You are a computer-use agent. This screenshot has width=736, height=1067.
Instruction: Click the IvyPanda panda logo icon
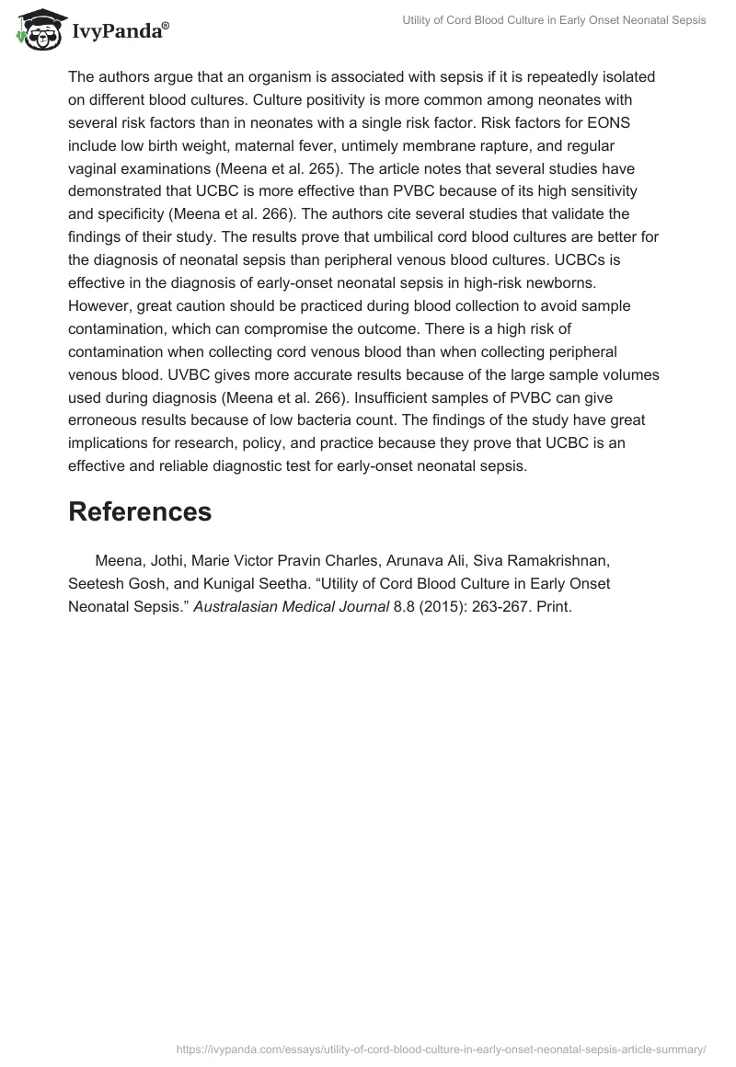tap(38, 29)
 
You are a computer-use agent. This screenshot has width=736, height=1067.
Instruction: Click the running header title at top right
tap(555, 20)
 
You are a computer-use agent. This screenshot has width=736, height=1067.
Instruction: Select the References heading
tap(140, 512)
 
